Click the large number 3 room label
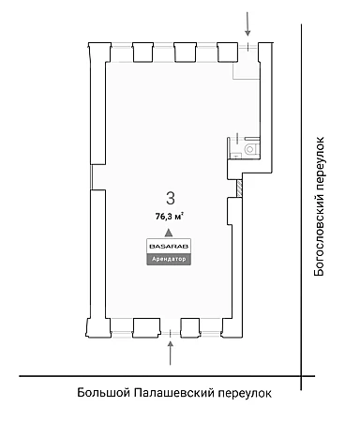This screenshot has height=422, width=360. click(x=171, y=199)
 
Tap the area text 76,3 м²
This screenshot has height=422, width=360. click(x=170, y=217)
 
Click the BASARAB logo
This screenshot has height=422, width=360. click(x=169, y=247)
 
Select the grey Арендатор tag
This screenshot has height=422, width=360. click(x=169, y=259)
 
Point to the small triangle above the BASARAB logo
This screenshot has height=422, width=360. click(x=169, y=233)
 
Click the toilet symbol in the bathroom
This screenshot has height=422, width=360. click(x=250, y=149)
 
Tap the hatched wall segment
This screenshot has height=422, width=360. click(x=240, y=188)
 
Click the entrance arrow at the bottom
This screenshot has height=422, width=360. click(x=170, y=353)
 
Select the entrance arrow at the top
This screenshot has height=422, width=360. click(x=247, y=23)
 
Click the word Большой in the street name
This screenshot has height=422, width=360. click(x=103, y=393)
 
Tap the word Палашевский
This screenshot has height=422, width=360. click(x=174, y=393)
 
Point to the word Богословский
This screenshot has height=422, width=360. click(x=320, y=234)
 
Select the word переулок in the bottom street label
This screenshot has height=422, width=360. click(x=245, y=393)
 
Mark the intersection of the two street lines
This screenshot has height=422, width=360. click(x=301, y=376)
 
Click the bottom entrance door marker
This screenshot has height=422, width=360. click(x=170, y=334)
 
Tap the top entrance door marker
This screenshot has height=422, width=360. click(x=248, y=47)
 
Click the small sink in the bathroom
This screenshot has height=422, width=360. click(x=235, y=155)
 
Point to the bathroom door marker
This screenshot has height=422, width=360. click(x=237, y=137)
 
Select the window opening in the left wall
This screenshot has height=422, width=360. click(x=91, y=177)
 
